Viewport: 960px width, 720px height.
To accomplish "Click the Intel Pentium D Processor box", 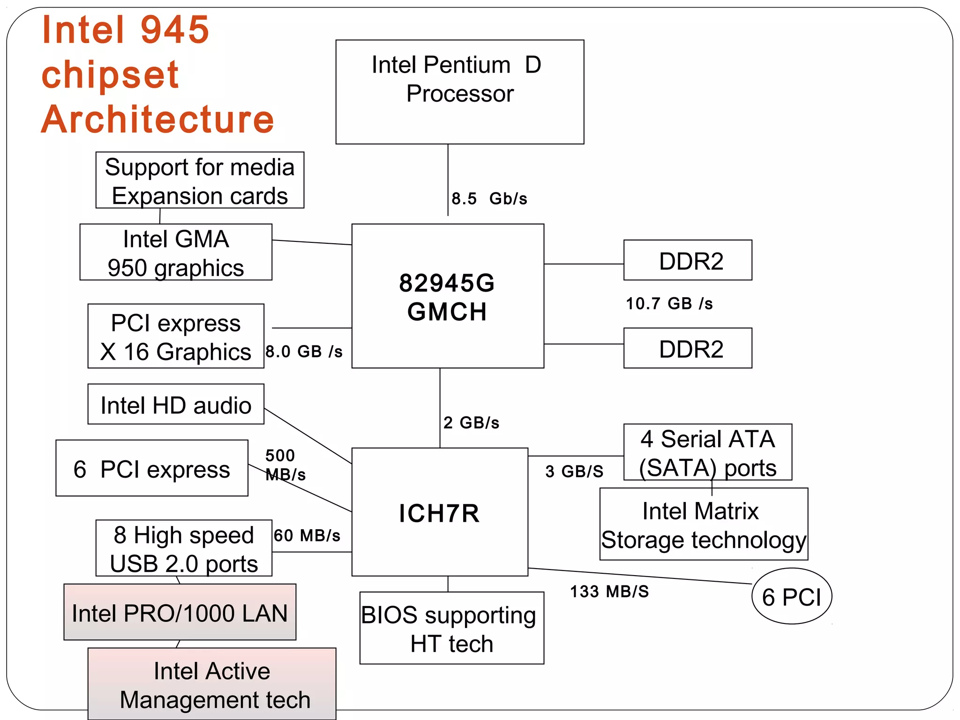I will (x=459, y=92).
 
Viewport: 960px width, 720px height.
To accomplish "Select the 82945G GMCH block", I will (x=447, y=296).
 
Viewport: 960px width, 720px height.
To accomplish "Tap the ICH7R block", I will (x=439, y=512).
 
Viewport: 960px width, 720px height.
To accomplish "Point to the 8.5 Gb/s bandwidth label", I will (x=489, y=198).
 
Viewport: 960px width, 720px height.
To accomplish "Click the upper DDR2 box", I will (x=688, y=260).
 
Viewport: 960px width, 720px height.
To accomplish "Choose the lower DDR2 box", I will (x=688, y=348).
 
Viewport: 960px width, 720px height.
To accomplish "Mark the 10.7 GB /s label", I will (x=669, y=303).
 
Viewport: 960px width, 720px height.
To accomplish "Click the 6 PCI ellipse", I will (x=791, y=596).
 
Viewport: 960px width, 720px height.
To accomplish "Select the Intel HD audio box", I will (x=176, y=405).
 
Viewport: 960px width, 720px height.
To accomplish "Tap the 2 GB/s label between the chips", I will (x=471, y=422).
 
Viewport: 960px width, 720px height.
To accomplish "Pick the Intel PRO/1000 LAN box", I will (x=180, y=612).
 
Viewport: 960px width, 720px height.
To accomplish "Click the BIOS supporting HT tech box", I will (x=451, y=628).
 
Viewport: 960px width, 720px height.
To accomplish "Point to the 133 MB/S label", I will (x=609, y=592).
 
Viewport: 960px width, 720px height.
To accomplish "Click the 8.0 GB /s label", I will (x=304, y=351).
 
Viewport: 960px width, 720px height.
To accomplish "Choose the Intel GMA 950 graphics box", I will (x=176, y=252).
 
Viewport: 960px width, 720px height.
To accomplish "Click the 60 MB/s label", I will (x=307, y=535).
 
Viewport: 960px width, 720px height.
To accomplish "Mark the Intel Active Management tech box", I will (x=212, y=684).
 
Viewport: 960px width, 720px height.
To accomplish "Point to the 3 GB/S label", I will (x=574, y=471).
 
